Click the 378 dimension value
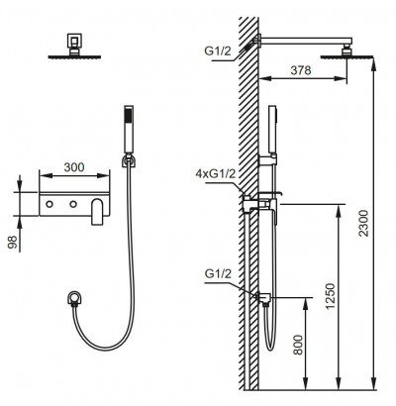pos(301,70)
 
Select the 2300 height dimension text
pos(364,223)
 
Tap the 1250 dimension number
pos(330,296)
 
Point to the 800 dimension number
pos(298,345)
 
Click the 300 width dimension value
pos(74,167)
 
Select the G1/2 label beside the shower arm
pos(218,51)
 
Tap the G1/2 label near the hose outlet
pos(218,273)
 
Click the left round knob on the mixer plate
pos(49,204)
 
